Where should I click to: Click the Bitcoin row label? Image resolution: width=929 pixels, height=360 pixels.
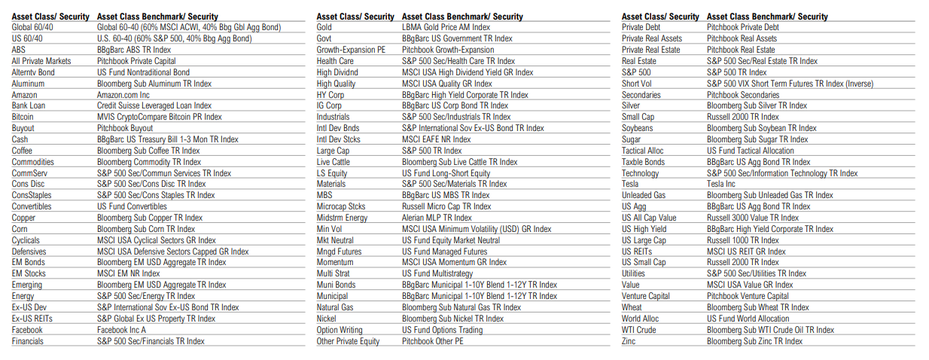23,117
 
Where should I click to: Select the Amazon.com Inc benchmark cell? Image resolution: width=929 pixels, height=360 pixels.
123,95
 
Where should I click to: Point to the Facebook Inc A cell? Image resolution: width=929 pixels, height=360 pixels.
122,330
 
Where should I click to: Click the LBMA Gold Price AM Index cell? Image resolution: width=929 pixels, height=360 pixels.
446,27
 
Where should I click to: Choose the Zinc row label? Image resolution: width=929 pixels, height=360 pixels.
629,341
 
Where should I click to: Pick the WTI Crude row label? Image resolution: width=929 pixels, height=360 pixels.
639,330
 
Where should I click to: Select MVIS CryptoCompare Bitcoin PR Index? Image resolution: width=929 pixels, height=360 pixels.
160,117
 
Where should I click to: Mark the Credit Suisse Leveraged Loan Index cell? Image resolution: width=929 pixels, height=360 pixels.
154,106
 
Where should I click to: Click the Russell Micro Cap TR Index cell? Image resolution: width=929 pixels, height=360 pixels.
446,206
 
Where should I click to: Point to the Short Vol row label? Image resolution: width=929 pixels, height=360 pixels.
637,84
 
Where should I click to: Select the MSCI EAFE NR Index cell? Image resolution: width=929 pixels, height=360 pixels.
437,139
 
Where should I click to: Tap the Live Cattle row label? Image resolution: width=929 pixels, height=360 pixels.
334,162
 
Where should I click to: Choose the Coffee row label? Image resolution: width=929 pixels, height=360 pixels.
22,151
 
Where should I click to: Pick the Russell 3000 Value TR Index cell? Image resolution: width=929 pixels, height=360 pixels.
753,218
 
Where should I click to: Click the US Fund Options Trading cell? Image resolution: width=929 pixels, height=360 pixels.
443,330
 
